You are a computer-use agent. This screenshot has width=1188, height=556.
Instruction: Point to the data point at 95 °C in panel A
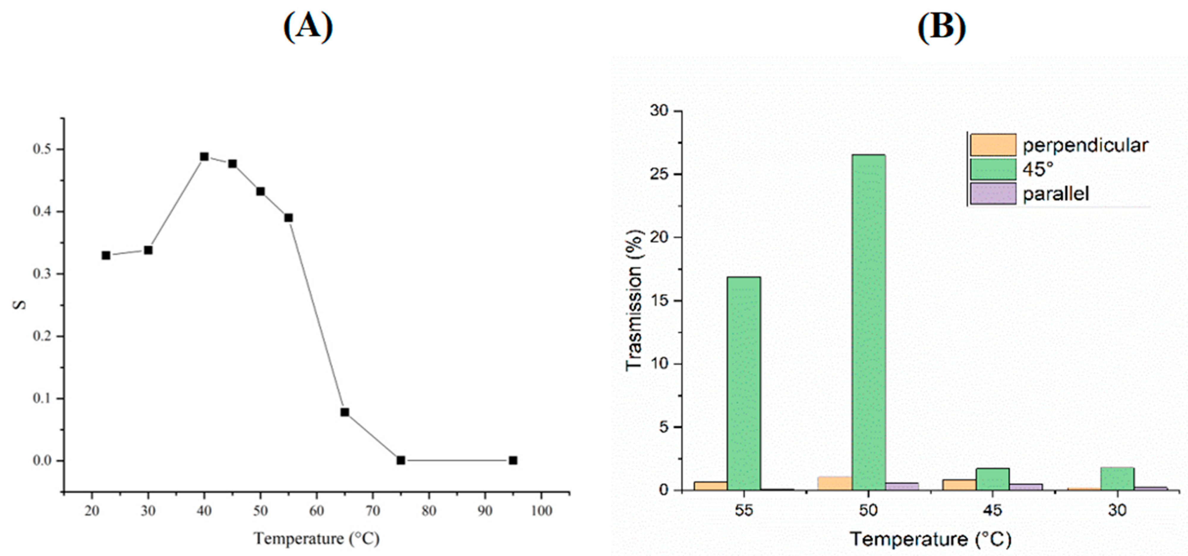[513, 460]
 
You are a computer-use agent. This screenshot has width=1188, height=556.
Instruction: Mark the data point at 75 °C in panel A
[401, 460]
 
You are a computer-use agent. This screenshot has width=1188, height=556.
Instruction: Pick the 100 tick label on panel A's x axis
[541, 511]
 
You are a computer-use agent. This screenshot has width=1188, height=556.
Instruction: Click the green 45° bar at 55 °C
[743, 383]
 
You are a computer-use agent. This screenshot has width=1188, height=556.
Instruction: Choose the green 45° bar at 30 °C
[1118, 478]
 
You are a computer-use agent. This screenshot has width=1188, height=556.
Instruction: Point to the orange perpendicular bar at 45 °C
[959, 484]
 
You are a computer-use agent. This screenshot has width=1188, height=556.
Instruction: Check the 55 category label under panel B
[743, 510]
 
